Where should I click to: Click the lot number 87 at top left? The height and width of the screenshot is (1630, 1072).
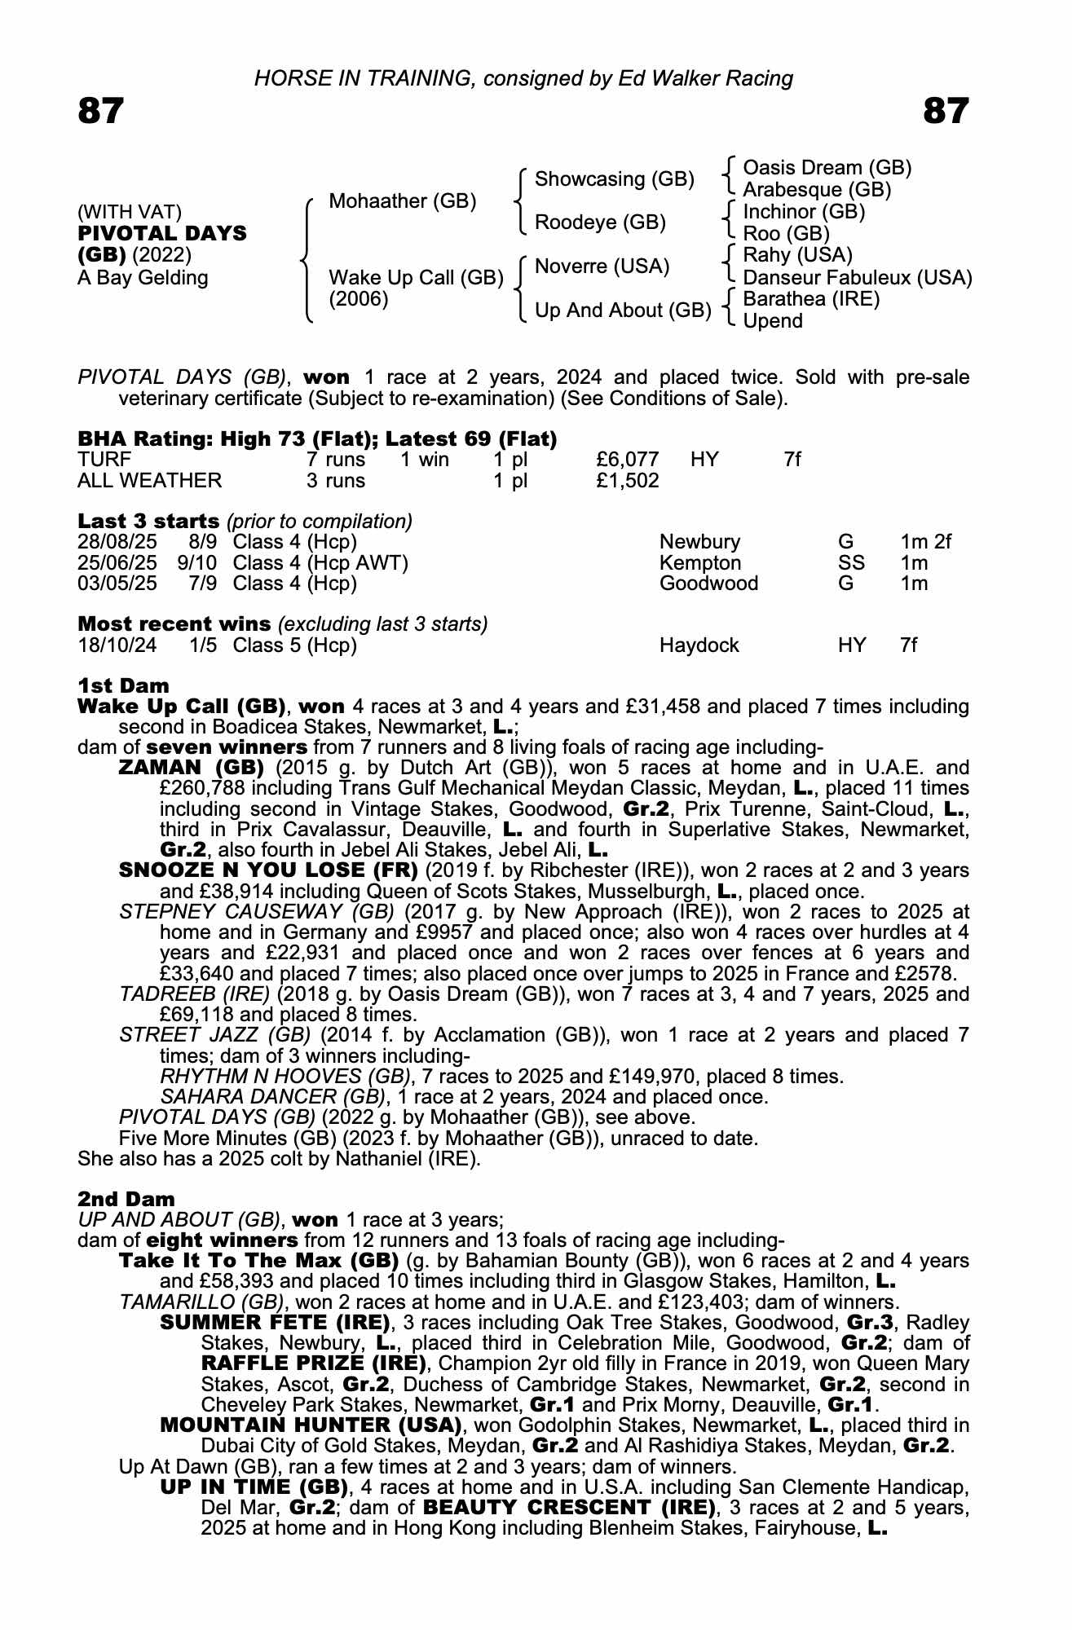tap(101, 111)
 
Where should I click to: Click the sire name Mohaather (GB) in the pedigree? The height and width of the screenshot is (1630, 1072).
tap(402, 201)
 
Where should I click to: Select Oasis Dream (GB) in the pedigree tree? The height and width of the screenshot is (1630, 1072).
tap(827, 168)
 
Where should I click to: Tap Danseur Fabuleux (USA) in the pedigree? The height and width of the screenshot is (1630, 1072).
tap(857, 278)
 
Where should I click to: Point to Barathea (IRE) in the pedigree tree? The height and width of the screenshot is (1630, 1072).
tap(811, 299)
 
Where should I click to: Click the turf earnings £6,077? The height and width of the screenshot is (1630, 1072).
tap(628, 460)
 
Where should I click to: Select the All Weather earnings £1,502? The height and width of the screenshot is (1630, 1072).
tap(628, 481)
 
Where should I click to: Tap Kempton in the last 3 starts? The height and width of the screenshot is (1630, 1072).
tap(700, 563)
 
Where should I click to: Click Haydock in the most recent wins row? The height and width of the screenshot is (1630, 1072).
tap(699, 645)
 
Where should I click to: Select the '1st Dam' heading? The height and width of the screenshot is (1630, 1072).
tap(123, 685)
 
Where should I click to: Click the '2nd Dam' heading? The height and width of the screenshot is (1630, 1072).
tap(126, 1199)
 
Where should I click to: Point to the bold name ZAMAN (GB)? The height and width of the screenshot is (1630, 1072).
tap(192, 768)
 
